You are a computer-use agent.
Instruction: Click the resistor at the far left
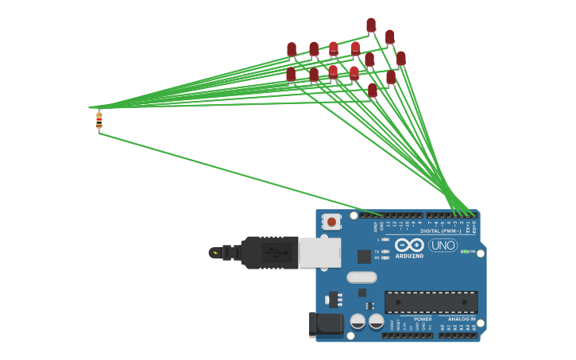pyautogui.click(x=99, y=120)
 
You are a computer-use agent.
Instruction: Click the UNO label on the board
pyautogui.click(x=443, y=246)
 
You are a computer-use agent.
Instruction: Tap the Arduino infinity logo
pyautogui.click(x=409, y=245)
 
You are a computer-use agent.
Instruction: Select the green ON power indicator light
pyautogui.click(x=464, y=252)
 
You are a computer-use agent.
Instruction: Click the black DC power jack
pyautogui.click(x=325, y=324)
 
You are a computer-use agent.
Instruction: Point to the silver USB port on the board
pyautogui.click(x=319, y=253)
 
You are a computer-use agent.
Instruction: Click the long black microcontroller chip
pyautogui.click(x=431, y=302)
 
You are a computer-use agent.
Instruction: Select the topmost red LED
pyautogui.click(x=371, y=25)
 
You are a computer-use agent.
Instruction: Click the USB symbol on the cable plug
pyautogui.click(x=274, y=253)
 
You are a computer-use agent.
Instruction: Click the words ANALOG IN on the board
pyautogui.click(x=461, y=319)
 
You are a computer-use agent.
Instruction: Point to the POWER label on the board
pyautogui.click(x=423, y=319)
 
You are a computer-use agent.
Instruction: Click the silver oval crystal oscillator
pyautogui.click(x=361, y=277)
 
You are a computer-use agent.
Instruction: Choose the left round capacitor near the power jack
pyautogui.click(x=358, y=321)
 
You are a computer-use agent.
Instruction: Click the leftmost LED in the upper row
pyautogui.click(x=292, y=50)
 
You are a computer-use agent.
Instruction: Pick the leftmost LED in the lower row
pyautogui.click(x=291, y=75)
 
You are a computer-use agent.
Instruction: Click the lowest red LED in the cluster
pyautogui.click(x=373, y=91)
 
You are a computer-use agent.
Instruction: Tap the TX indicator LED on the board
pyautogui.click(x=385, y=251)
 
